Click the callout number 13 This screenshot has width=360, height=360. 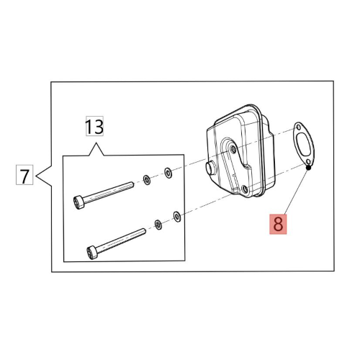click(x=94, y=126)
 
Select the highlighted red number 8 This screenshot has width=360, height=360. click(x=278, y=224)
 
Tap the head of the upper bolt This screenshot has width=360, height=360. click(x=79, y=202)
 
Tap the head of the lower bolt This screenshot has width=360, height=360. click(x=92, y=253)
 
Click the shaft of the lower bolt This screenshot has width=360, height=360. click(x=121, y=240)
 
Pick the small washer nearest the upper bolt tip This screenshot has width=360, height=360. click(x=147, y=180)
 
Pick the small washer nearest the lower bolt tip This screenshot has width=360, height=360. click(x=158, y=225)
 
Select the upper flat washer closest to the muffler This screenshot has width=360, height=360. click(x=168, y=173)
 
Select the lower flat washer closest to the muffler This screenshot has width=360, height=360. click(x=177, y=217)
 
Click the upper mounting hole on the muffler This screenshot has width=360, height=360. click(x=233, y=150)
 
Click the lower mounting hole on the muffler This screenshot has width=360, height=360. click(x=245, y=189)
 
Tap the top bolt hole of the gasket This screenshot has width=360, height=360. click(x=298, y=127)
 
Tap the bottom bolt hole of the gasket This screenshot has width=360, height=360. click(x=310, y=161)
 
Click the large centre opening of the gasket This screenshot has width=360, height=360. click(x=304, y=144)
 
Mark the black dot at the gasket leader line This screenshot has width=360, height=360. click(x=309, y=168)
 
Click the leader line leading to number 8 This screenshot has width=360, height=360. click(x=297, y=191)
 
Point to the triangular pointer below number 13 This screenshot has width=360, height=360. click(x=96, y=149)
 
